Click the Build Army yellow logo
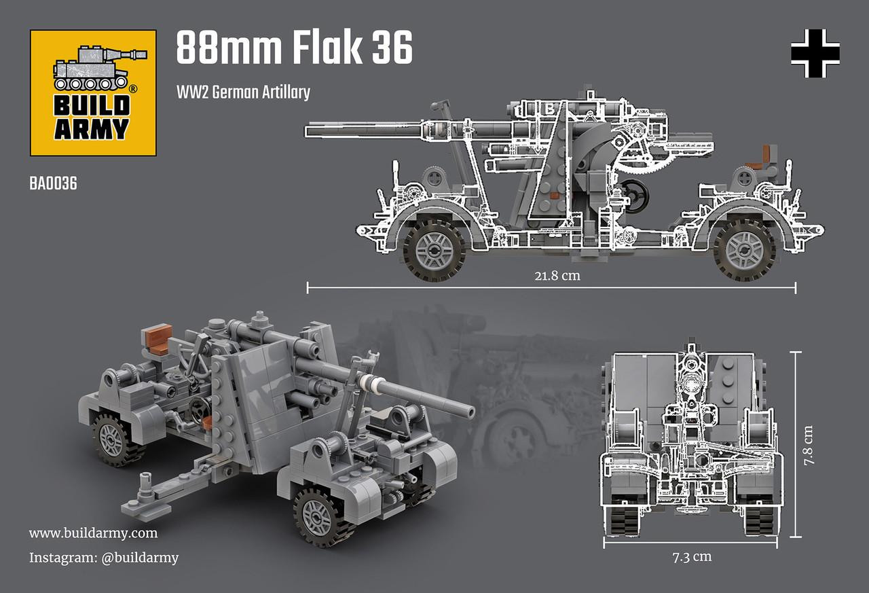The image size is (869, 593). click(94, 92)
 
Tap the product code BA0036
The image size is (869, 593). click(53, 183)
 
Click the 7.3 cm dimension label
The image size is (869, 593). click(692, 557)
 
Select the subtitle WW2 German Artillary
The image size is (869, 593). click(243, 92)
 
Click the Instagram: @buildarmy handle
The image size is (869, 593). click(104, 558)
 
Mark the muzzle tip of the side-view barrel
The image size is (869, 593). click(310, 127)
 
